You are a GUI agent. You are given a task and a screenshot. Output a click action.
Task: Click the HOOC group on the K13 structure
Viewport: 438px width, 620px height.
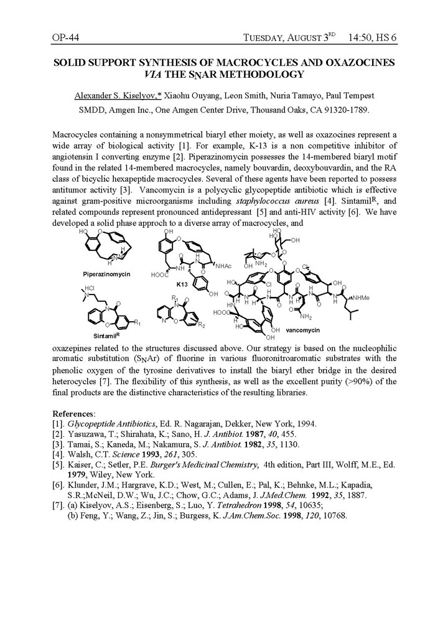[x=160, y=274]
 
